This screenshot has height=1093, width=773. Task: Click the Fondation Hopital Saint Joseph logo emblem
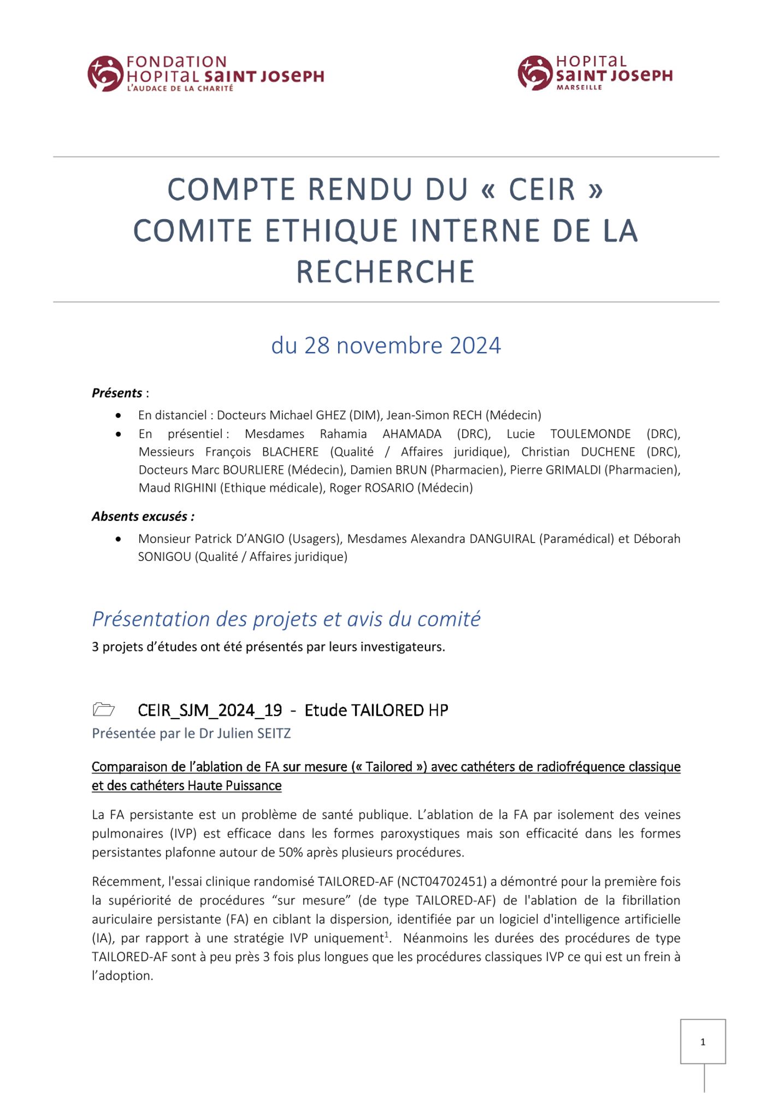click(105, 73)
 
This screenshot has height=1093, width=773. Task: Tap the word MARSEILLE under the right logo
click(579, 87)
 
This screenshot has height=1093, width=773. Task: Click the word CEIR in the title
click(542, 190)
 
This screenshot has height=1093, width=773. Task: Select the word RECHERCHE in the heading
click(386, 272)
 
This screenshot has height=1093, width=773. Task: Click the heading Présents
click(117, 393)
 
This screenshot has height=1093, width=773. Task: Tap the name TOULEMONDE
click(590, 434)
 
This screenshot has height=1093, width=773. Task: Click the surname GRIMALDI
click(573, 470)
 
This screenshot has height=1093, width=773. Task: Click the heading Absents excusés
click(143, 516)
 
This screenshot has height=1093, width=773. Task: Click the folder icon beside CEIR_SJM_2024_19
click(104, 710)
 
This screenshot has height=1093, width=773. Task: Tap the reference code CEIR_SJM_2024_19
click(210, 710)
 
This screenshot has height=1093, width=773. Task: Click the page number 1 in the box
click(703, 1042)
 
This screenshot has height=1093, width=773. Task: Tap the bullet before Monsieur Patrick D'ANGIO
click(119, 539)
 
